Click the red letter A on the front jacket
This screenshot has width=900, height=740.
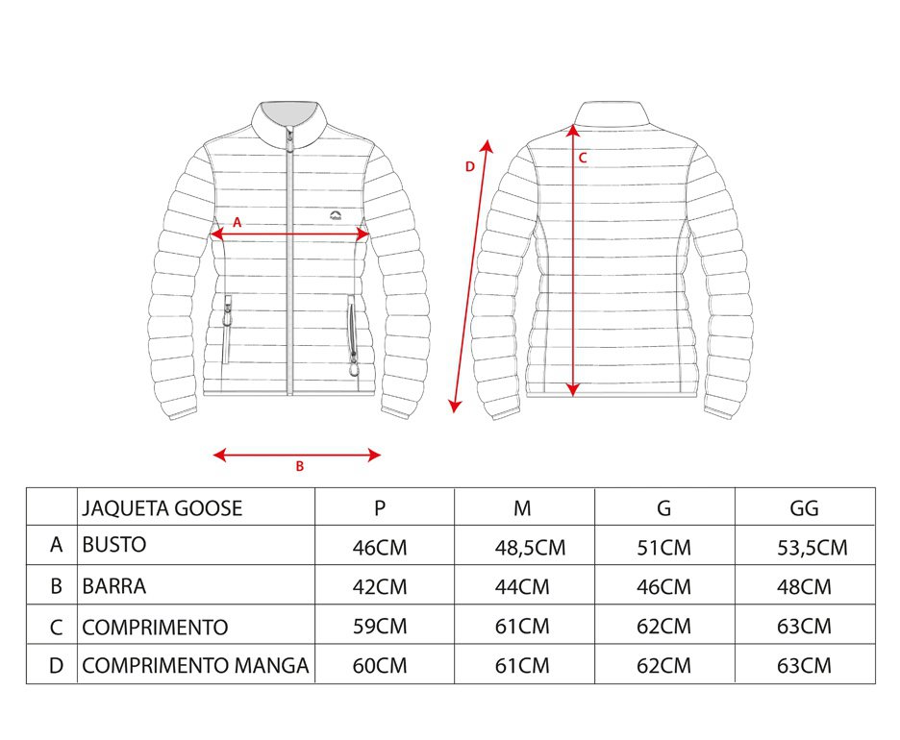(x=237, y=223)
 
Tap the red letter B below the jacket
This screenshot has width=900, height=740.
(x=299, y=466)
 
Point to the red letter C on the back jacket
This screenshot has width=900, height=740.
(x=583, y=158)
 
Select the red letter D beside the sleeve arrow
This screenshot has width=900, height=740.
(x=470, y=166)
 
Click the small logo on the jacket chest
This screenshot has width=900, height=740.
(x=336, y=214)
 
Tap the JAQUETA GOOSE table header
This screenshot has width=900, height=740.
(x=162, y=508)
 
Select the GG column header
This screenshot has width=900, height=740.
(x=804, y=508)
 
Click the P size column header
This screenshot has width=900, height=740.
(x=380, y=508)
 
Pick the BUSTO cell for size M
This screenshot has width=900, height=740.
(x=530, y=547)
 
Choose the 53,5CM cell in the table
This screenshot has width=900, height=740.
(x=812, y=547)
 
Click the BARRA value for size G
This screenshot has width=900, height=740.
(x=663, y=587)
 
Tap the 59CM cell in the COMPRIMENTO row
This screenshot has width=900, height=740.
(x=380, y=626)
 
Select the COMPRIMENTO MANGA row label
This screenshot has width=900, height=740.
(x=195, y=665)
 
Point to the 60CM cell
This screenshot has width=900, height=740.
(x=380, y=665)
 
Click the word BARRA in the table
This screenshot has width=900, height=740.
(x=114, y=586)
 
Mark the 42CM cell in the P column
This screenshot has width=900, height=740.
(x=380, y=587)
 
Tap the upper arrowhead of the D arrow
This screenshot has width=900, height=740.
(x=487, y=145)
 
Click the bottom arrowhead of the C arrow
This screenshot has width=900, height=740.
(x=572, y=389)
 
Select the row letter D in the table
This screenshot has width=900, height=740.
(x=56, y=665)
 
